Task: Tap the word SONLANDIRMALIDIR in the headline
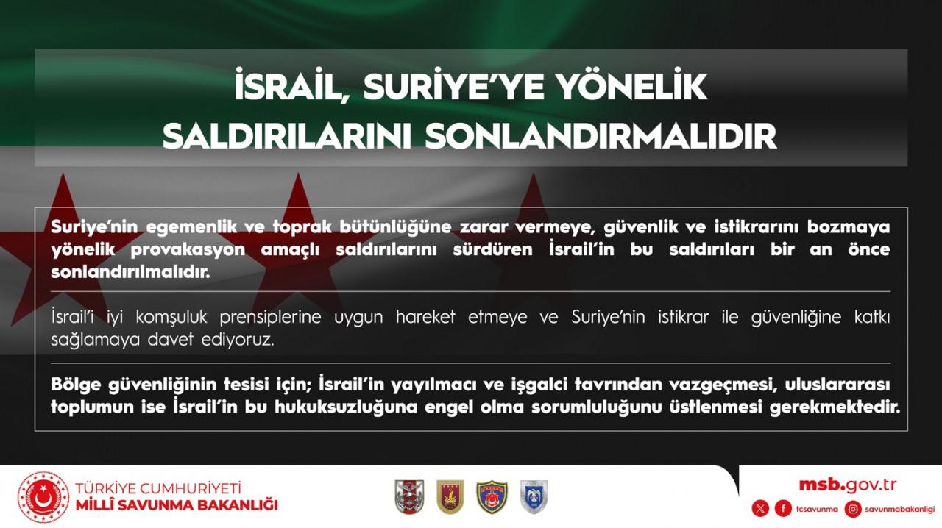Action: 601,136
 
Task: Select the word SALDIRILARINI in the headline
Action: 287,136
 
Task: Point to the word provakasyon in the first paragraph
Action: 188,250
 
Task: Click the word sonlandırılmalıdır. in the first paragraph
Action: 130,272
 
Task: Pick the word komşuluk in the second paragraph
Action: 171,317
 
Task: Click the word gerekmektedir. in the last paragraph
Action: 835,407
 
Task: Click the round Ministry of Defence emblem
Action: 43,497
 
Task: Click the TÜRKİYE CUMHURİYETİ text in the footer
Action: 158,488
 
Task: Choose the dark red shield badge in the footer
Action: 450,497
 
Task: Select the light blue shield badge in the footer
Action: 534,497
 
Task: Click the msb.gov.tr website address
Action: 847,485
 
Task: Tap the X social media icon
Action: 760,509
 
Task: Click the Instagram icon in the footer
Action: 852,509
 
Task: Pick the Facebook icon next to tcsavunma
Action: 783,509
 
